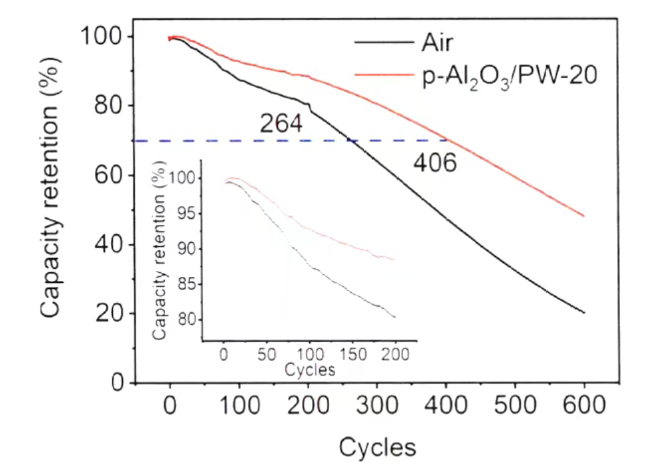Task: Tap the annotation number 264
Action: [281, 124]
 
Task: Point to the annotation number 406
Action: [435, 163]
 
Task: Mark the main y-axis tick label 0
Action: [119, 383]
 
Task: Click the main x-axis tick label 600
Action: [585, 405]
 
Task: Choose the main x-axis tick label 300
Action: [377, 405]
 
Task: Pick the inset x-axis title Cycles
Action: [310, 369]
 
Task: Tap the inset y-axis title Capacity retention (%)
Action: [159, 256]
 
